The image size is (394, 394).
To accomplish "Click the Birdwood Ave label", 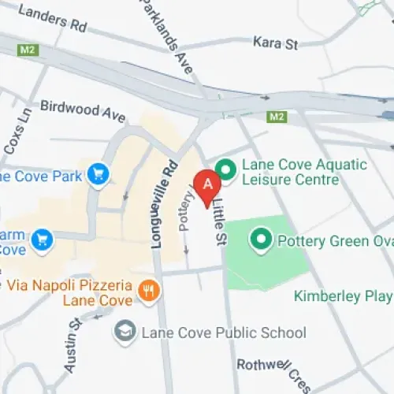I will coord(83,111).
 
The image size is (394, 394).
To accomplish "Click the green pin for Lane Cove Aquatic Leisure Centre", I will coord(226,169).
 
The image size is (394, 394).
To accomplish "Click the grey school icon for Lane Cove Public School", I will coord(125,332).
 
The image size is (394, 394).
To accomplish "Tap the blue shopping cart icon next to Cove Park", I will coord(98,173).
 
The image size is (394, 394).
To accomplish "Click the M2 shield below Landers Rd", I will coord(28,49).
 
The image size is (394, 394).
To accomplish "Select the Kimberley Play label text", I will coord(343,297).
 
